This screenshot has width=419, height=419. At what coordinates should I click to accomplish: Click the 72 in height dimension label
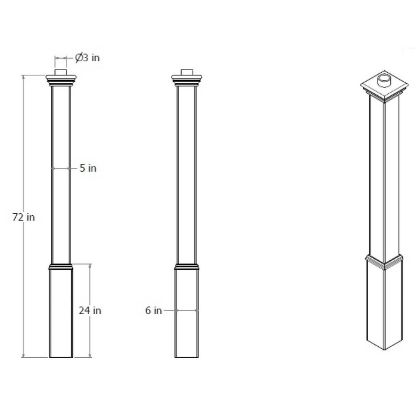(23, 217)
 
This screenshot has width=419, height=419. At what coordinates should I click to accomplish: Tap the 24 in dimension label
(90, 310)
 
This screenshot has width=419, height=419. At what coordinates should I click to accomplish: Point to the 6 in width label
(153, 310)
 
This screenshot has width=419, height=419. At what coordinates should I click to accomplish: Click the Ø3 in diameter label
(87, 58)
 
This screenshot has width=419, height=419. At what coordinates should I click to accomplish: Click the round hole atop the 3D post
(384, 80)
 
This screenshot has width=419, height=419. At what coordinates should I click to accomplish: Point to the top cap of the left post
(62, 81)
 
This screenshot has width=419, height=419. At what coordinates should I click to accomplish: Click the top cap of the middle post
(187, 81)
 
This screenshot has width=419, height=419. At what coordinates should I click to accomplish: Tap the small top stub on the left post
(62, 72)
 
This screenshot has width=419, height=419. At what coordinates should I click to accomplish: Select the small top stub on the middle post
(187, 72)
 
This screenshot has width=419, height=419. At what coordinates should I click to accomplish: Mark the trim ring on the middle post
(187, 265)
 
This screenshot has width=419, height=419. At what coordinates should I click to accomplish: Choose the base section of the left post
(62, 314)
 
